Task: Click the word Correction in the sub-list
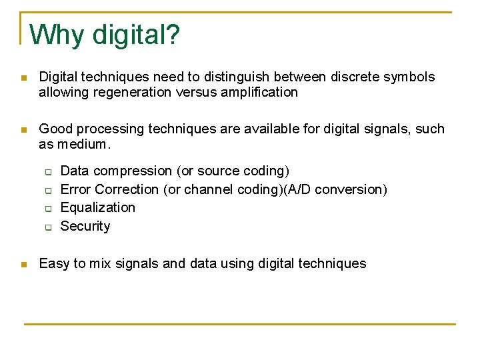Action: (x=127, y=189)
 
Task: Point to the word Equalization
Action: (x=97, y=207)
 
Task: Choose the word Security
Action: (x=85, y=226)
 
